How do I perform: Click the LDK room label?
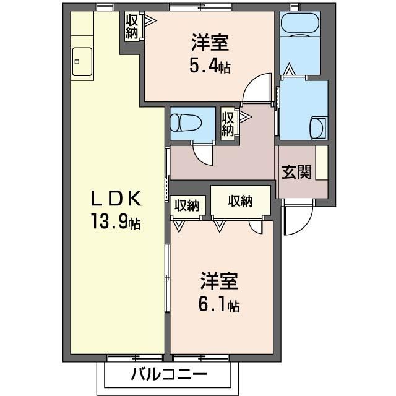pos(116,199)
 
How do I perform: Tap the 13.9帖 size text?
pos(116,222)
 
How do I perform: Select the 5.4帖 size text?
pos(210,66)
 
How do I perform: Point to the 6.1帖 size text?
pos(219,306)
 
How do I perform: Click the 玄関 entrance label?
pos(296,172)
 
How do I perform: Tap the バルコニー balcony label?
pos(169,374)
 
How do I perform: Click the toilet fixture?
pos(186,123)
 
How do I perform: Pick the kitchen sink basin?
pos(82,62)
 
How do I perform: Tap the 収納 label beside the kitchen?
pos(132,27)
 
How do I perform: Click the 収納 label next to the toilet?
pos(228,124)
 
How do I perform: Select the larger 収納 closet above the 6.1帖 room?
pos(241,201)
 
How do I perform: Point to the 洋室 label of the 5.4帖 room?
pos(210,43)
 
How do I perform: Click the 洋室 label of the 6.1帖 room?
pos(219,282)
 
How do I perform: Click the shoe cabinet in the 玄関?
pos(322,163)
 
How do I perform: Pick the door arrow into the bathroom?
pos(289,69)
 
